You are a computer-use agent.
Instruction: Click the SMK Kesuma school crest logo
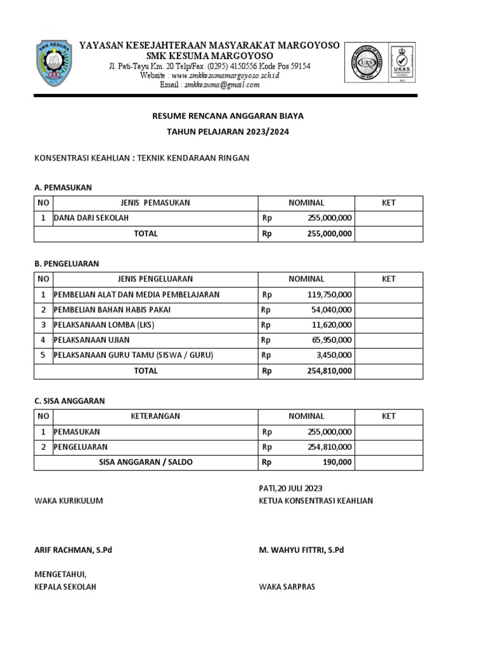tap(58, 65)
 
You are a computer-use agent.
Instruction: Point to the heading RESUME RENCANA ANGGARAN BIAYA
tap(228, 116)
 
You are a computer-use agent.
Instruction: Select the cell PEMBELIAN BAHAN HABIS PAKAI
tap(112, 310)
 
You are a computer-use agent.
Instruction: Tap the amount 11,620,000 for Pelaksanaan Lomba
tap(332, 325)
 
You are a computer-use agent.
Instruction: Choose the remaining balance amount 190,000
tap(337, 462)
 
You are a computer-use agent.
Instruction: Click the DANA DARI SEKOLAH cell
tap(91, 218)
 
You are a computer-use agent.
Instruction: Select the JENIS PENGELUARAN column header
tap(155, 279)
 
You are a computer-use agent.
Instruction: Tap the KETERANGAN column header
tap(155, 416)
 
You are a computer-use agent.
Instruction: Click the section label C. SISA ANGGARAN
tap(69, 401)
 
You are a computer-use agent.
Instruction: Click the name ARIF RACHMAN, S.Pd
tap(73, 550)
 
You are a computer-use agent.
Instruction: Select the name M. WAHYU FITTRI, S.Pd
tap(301, 550)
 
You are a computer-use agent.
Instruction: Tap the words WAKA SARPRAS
tap(287, 587)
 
